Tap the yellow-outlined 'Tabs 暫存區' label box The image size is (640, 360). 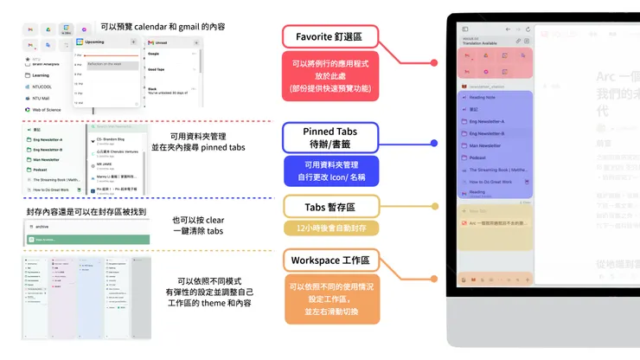[x=330, y=208]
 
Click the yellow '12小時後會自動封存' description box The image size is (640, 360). [x=330, y=228]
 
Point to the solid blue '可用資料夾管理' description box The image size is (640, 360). [x=330, y=171]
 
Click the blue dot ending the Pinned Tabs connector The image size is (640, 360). [x=432, y=143]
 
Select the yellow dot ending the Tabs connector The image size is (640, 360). [x=433, y=208]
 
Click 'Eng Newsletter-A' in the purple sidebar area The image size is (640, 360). [x=490, y=121]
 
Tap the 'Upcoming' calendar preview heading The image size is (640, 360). [x=95, y=41]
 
